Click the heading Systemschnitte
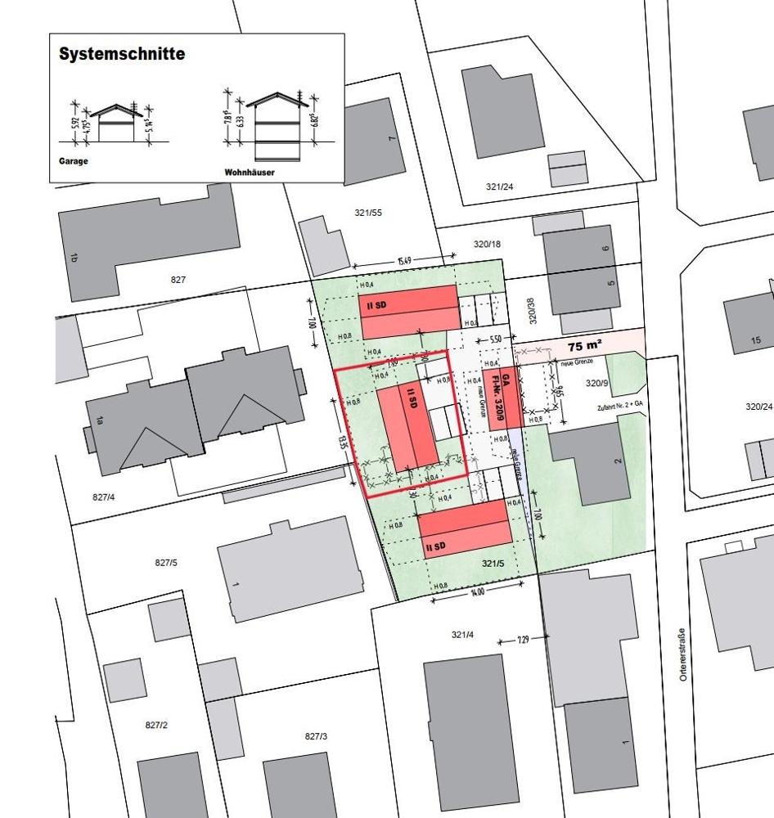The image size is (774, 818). point(122,55)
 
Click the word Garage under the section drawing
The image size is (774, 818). point(74,161)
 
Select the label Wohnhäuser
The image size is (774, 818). point(249,173)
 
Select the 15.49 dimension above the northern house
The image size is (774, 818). point(403,261)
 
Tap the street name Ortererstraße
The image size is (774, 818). point(682,654)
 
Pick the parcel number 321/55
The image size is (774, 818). point(368,213)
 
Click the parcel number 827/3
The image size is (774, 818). point(316,736)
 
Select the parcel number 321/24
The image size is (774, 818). point(499,187)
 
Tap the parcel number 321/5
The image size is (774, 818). point(492,564)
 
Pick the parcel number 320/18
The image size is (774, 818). point(487,244)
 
